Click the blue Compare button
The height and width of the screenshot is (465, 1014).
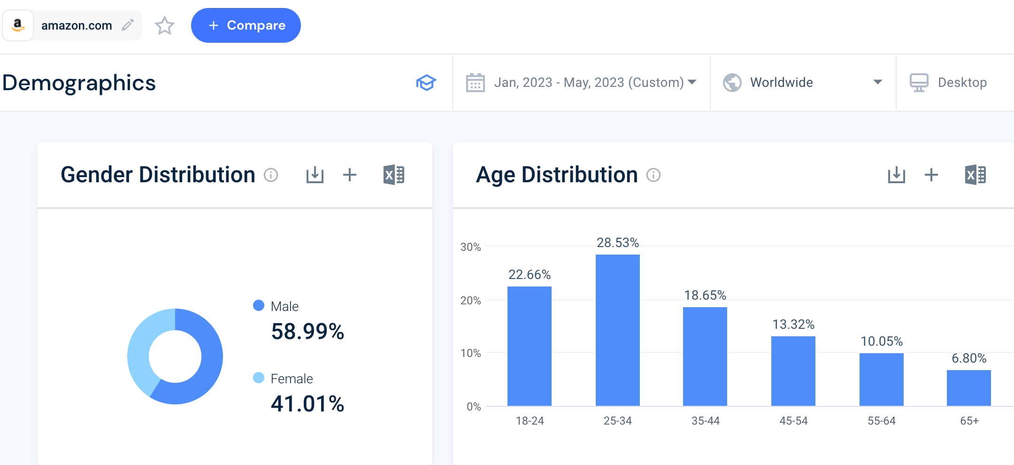[x=246, y=25]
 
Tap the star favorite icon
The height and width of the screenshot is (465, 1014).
[x=164, y=25]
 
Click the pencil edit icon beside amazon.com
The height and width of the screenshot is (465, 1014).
[x=128, y=25]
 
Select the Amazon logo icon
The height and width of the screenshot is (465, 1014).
[x=18, y=25]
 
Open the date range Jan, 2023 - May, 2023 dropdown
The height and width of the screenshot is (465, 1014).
[x=581, y=83]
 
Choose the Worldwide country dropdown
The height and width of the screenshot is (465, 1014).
[x=803, y=83]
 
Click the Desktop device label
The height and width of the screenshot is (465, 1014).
[x=962, y=83]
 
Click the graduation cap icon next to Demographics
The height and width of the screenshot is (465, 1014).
[x=426, y=83]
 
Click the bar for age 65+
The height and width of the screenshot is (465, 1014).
[x=968, y=388]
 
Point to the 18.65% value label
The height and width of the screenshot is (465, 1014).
[x=705, y=295]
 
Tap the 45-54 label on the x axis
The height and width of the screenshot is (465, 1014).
[x=793, y=421]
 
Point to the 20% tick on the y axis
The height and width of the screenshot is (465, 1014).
[x=470, y=301]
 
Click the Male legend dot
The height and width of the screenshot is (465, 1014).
[x=259, y=305]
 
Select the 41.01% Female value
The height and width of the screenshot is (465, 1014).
[x=307, y=404]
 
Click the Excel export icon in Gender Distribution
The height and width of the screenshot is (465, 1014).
[x=394, y=175]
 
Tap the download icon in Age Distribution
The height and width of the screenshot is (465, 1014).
[x=896, y=175]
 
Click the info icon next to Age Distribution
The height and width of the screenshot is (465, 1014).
[x=653, y=175]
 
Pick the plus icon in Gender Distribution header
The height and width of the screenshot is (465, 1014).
[x=350, y=175]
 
